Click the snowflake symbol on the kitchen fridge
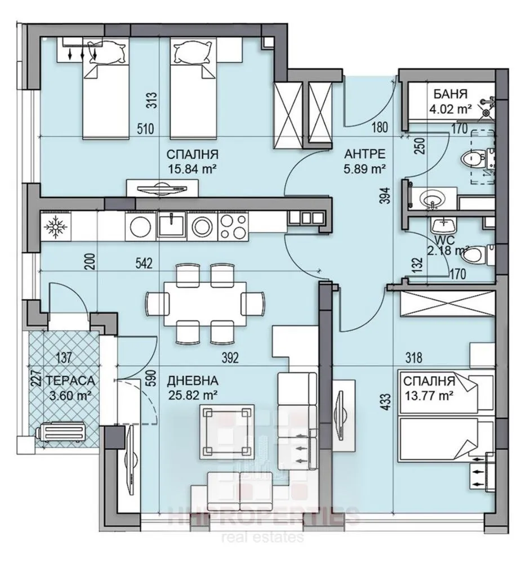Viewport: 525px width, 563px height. pos(56,227)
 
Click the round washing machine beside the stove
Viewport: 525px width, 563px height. pos(201,226)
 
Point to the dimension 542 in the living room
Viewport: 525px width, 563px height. pos(145,263)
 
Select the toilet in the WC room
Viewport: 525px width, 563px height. pos(475,254)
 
